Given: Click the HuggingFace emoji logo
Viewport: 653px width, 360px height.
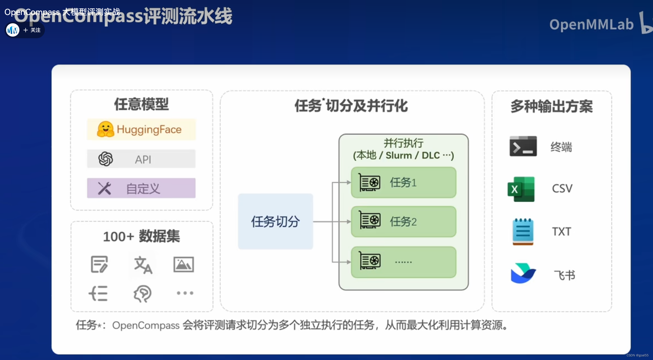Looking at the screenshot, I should (106, 129).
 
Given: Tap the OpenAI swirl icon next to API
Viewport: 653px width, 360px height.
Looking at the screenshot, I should (106, 159).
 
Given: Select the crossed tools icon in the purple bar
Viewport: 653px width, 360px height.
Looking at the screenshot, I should (104, 188).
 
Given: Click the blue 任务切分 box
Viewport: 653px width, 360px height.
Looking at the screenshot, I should (275, 221).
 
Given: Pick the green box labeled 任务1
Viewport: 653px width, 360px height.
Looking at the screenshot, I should (403, 182).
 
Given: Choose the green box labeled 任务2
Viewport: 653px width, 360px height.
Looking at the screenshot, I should (403, 221).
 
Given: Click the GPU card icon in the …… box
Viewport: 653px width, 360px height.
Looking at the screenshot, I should (370, 261).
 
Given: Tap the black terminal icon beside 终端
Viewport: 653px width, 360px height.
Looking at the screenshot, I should (523, 146).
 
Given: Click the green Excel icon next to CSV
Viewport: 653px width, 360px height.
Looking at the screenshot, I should (521, 189).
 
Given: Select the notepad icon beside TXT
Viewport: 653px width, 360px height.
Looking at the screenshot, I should (523, 231).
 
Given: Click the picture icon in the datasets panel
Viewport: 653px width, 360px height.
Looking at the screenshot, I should (183, 264).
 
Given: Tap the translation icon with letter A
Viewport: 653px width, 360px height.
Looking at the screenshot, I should (143, 265).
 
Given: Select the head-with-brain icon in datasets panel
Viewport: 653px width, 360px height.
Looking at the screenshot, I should (142, 293).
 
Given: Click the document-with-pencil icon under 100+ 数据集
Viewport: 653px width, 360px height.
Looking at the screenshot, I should (99, 264).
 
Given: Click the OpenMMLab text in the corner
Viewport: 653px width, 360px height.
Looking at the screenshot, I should (591, 24).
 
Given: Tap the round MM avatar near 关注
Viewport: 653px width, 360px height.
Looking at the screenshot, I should (13, 30).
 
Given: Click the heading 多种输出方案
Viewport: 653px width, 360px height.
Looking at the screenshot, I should (551, 106).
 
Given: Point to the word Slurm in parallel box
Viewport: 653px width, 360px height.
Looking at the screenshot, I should (399, 155).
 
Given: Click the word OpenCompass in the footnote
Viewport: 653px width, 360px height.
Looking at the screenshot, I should (146, 325).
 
